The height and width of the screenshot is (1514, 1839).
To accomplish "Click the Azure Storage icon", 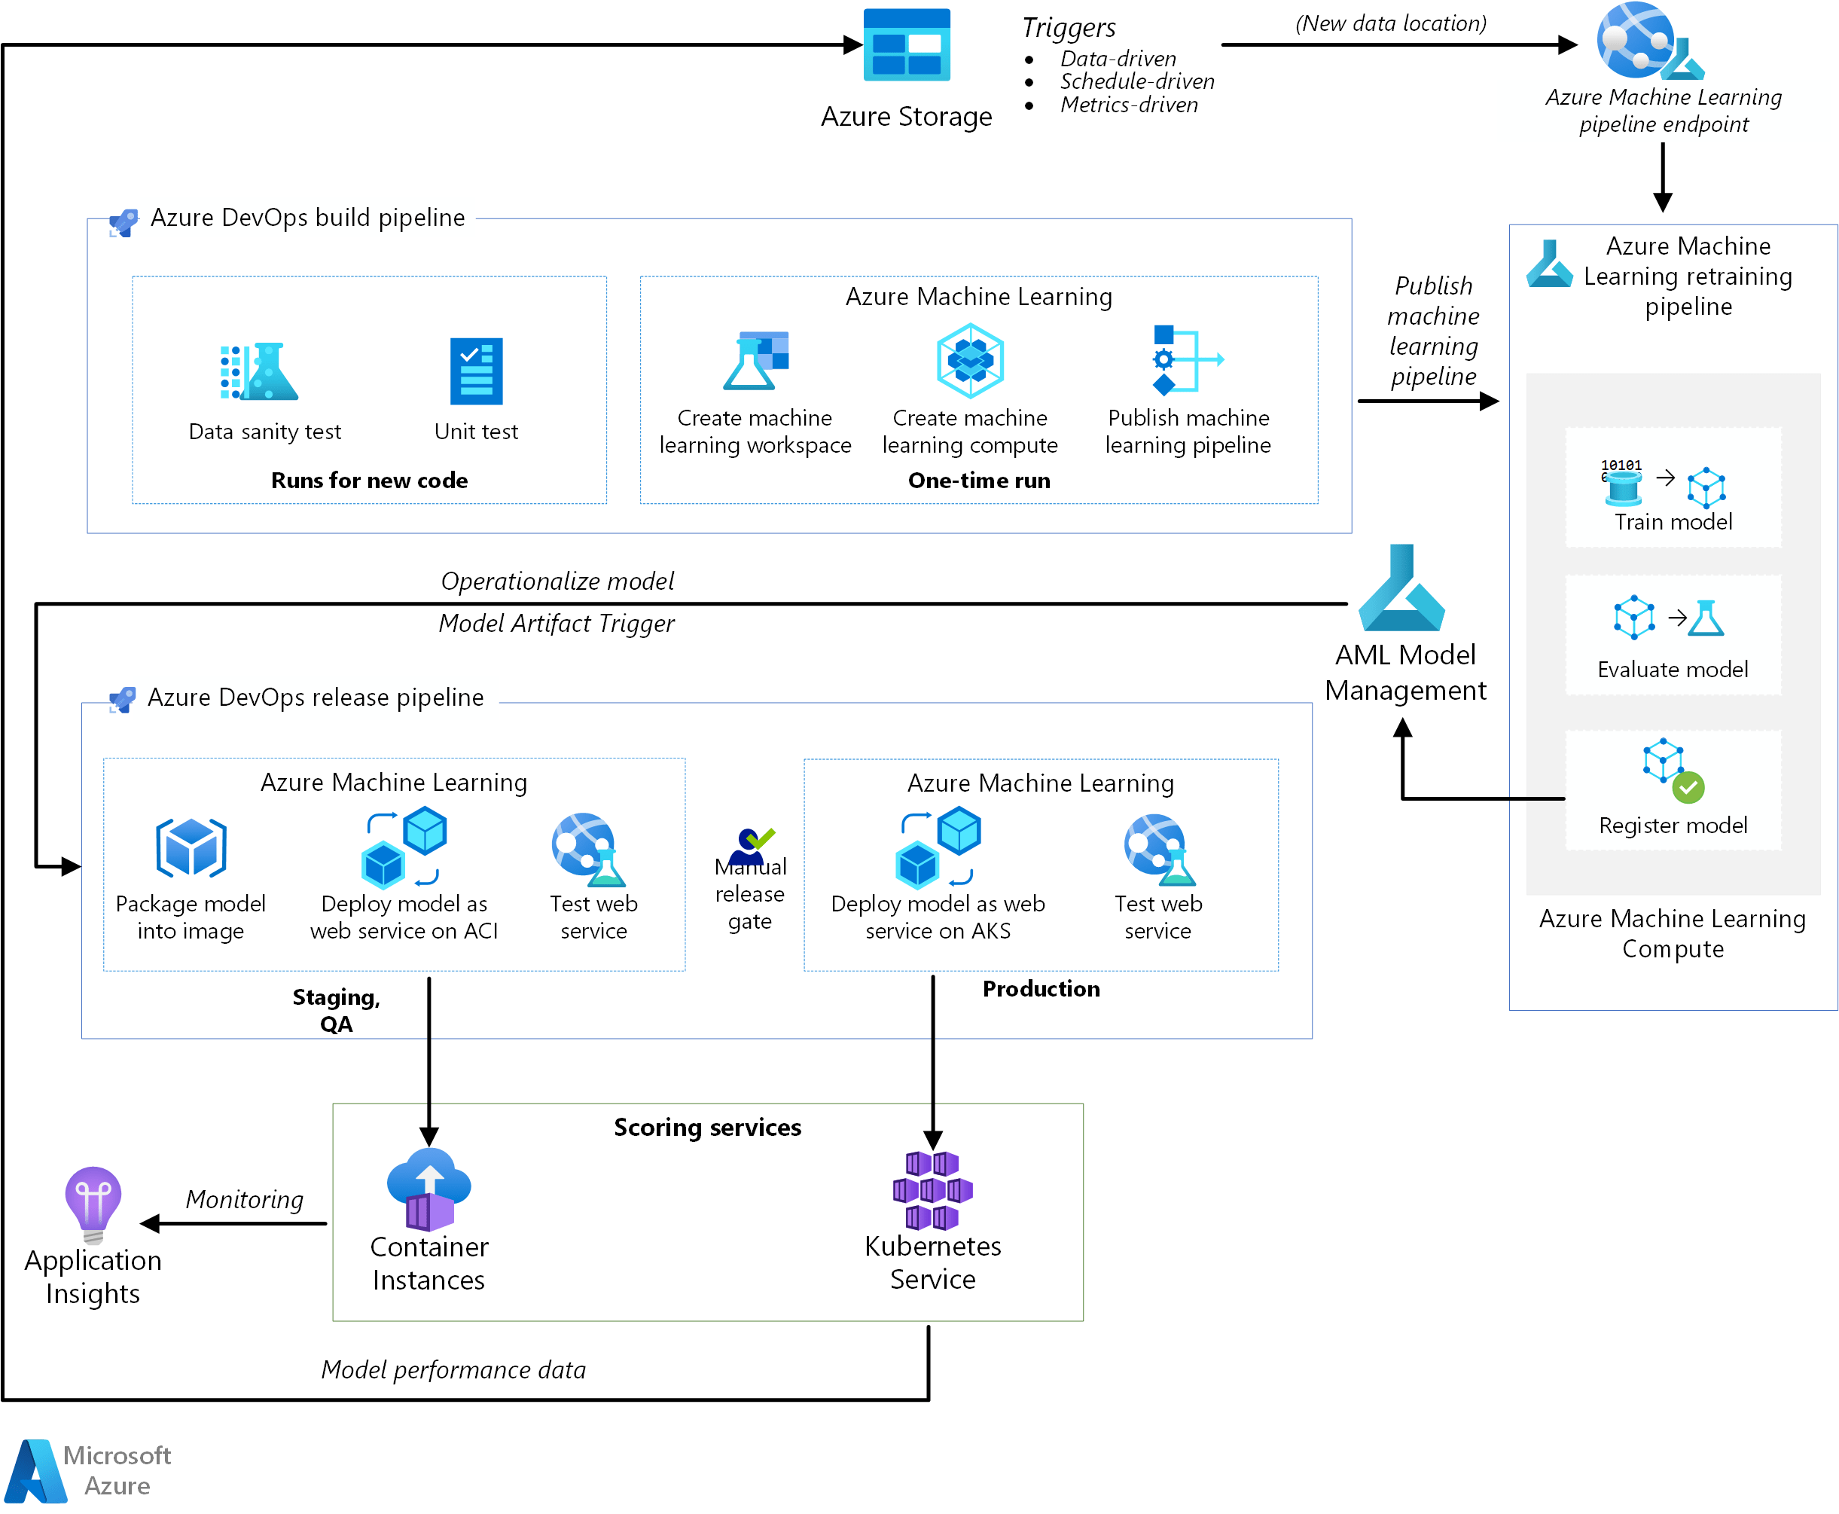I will tap(906, 44).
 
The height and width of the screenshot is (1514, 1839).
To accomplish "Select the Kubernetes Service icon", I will tap(932, 1189).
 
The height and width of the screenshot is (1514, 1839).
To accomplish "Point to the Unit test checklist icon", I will tap(476, 371).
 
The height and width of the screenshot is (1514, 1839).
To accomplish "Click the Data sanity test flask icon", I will tap(259, 371).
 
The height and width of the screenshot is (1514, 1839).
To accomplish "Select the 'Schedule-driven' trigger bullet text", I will tap(1136, 81).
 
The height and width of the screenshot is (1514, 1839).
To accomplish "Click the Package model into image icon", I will tap(191, 847).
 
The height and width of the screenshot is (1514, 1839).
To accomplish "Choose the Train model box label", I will tap(1673, 521).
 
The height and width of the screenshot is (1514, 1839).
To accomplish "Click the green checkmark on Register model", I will tap(1688, 788).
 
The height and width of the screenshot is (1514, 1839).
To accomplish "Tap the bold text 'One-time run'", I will tap(978, 481).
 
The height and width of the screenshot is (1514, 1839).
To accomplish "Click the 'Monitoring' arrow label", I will tap(244, 1199).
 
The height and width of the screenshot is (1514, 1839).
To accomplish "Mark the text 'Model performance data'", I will tap(453, 1369).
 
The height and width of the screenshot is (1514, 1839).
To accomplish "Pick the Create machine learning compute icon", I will tap(970, 360).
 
